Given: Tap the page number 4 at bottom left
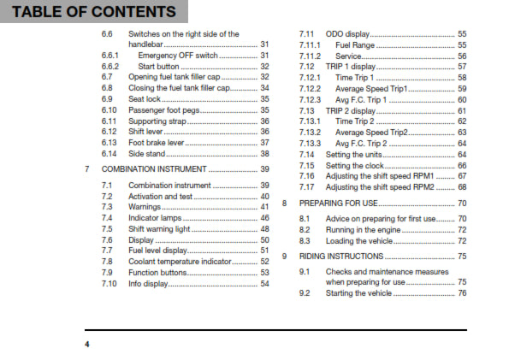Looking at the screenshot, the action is [86, 344].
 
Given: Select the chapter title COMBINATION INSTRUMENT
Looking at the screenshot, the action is [154, 169].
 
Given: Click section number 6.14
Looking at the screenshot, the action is [109, 153].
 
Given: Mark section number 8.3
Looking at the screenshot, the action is [305, 241].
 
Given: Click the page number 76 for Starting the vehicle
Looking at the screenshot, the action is [462, 293].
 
